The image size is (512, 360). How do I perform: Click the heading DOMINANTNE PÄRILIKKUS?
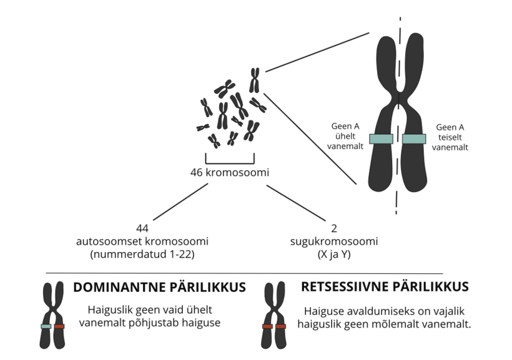tap(159, 288)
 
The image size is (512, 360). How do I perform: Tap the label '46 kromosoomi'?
tap(230, 172)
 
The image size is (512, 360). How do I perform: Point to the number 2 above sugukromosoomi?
tap(325, 229)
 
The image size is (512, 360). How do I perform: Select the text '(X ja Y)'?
tap(325, 254)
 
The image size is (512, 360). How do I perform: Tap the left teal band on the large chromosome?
tap(381, 139)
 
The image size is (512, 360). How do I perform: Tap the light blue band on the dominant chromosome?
tap(46, 326)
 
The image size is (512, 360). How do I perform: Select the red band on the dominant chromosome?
tap(59, 326)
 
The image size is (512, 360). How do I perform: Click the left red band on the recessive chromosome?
tap(267, 326)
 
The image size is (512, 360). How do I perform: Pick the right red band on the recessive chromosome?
tap(280, 326)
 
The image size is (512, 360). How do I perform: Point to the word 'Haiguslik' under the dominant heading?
tap(109, 309)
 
